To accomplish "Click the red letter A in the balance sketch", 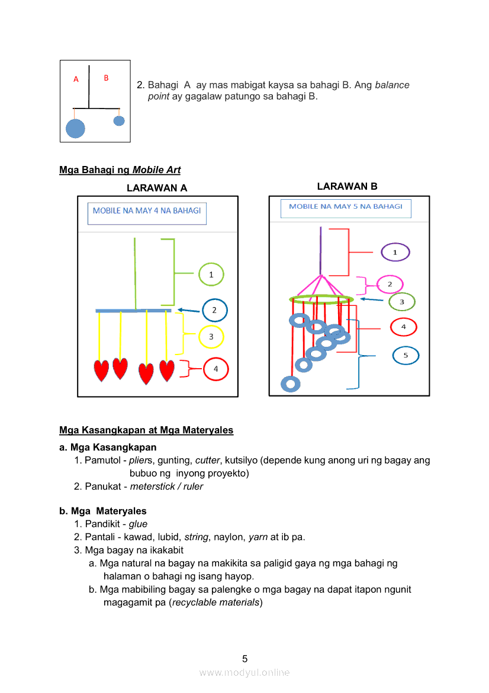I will coord(76,79).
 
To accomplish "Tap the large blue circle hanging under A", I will coord(75,128).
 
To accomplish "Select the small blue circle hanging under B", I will coord(119,121).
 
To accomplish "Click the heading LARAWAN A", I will coord(157,188).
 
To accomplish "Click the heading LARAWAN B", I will coord(347,186).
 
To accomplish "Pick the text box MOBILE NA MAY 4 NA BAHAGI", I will coord(147,213).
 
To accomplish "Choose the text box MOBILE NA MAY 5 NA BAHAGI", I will coord(346,207).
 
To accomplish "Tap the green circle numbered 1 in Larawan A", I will coord(211,274).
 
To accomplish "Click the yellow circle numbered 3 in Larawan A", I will coord(211,337).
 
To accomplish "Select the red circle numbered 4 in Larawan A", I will coord(215,369).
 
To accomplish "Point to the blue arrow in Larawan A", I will coord(188,310).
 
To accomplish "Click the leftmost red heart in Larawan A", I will coord(101,371).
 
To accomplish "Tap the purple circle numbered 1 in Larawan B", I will coord(395,253).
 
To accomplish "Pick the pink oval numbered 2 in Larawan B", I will coord(390,285).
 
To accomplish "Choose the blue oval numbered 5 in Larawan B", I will coord(406,356).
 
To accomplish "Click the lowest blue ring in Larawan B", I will coord(290,384).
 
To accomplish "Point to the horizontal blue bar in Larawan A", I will coord(134,311).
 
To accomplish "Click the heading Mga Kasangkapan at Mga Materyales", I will coord(146,430).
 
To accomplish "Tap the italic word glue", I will coord(138,524).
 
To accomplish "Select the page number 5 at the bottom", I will coord(244,659).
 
